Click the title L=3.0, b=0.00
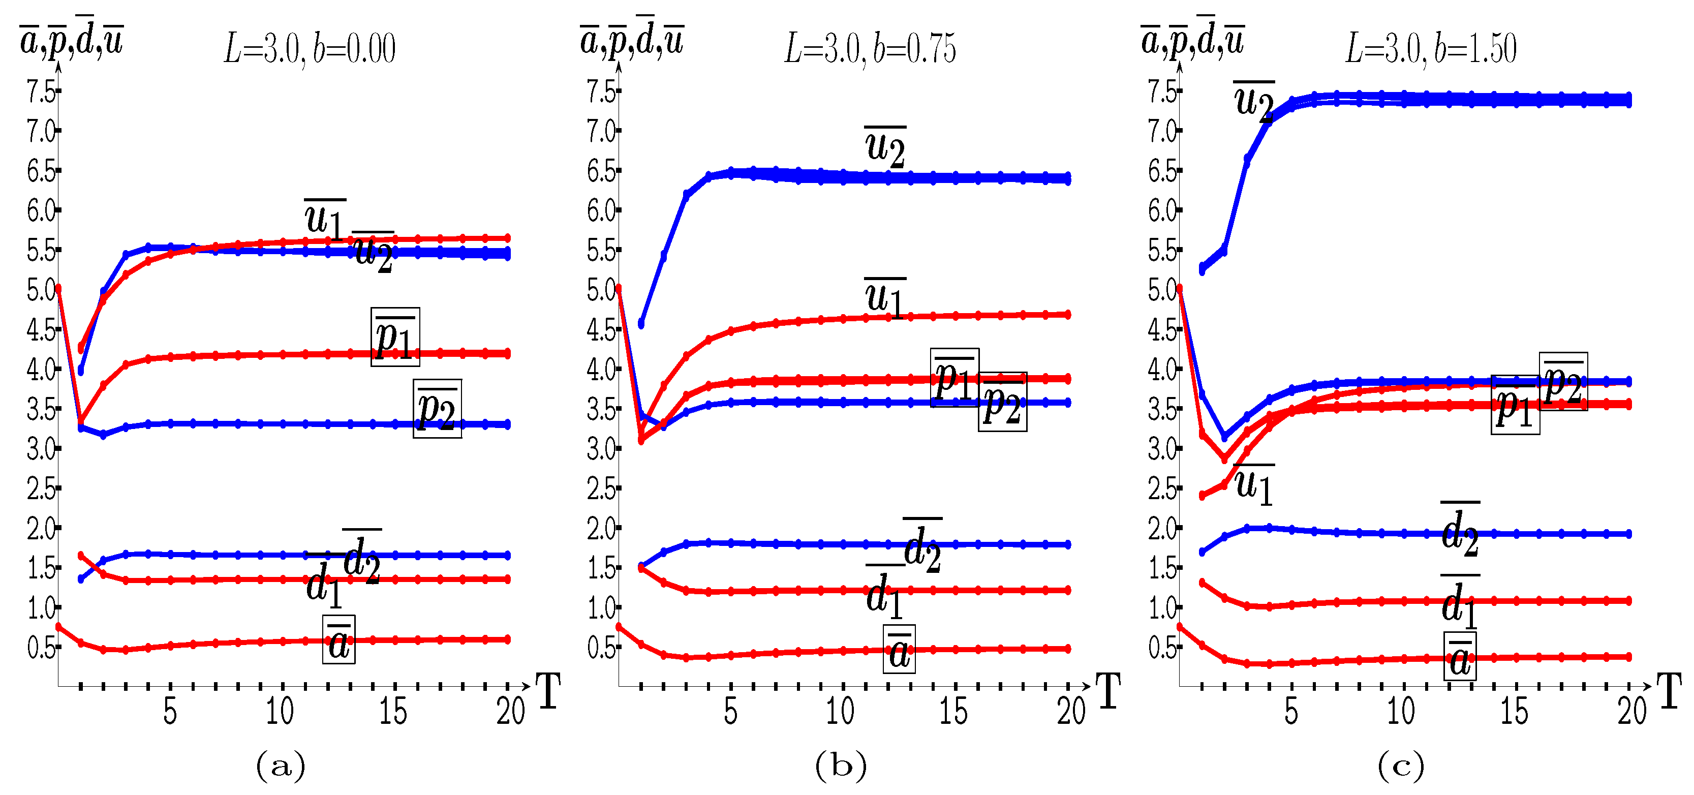(x=310, y=49)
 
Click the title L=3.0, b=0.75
(x=870, y=49)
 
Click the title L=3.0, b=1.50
(x=1431, y=49)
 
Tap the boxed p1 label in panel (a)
(x=395, y=337)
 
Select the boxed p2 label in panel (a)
(x=437, y=408)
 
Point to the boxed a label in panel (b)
(x=899, y=649)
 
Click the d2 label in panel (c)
(x=1460, y=530)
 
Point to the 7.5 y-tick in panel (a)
(x=41, y=91)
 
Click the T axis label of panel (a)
(x=549, y=692)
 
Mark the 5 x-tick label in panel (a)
(x=170, y=712)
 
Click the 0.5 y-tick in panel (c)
(x=1162, y=647)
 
